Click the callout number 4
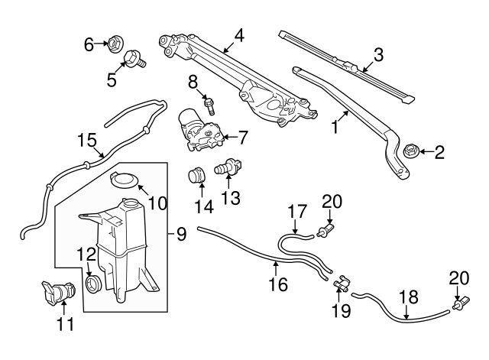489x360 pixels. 239,34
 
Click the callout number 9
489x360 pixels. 181,234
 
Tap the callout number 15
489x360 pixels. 86,140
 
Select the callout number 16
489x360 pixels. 278,284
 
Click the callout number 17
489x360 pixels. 297,210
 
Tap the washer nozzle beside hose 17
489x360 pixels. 328,229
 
